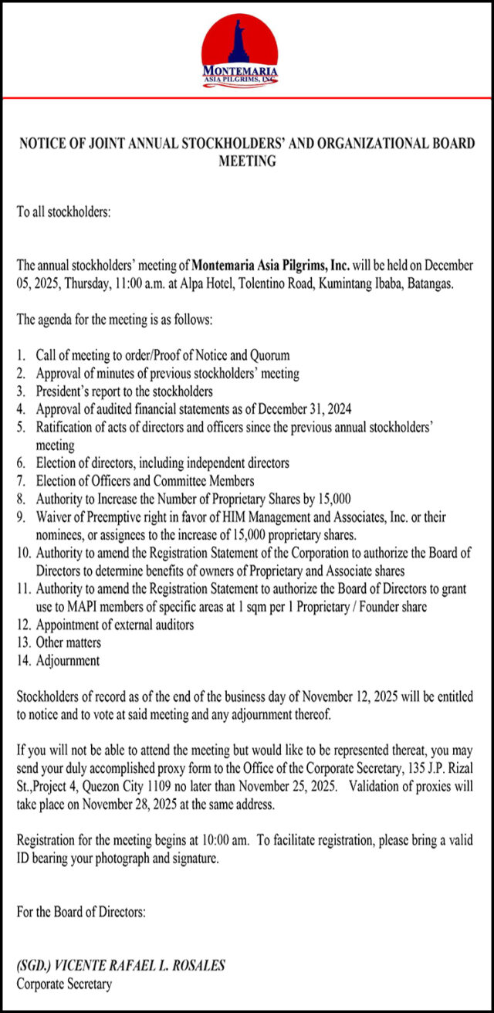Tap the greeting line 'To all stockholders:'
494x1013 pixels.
pyautogui.click(x=64, y=211)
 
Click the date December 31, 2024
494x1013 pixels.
pyautogui.click(x=319, y=409)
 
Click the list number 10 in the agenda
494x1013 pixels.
pyautogui.click(x=24, y=553)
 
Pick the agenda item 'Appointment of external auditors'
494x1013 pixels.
pyautogui.click(x=115, y=625)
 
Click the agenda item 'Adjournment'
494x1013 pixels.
pyautogui.click(x=68, y=660)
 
